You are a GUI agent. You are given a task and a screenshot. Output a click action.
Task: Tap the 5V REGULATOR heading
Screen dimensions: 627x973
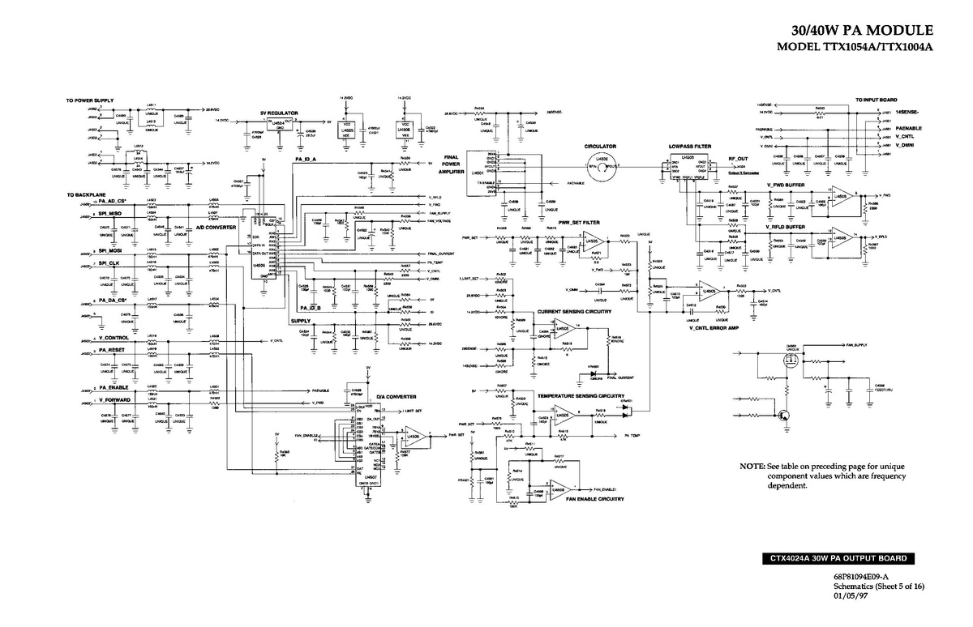(x=279, y=113)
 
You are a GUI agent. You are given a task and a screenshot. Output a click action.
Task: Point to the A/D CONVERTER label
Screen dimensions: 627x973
(x=216, y=228)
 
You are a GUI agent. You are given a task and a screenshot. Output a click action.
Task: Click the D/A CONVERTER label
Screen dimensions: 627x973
(x=396, y=397)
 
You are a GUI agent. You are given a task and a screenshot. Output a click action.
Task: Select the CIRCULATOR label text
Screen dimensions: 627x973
(x=601, y=147)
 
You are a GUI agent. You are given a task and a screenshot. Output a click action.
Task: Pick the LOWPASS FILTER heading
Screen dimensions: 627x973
(x=690, y=147)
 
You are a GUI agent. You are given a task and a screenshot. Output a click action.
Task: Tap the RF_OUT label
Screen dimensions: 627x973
(x=738, y=159)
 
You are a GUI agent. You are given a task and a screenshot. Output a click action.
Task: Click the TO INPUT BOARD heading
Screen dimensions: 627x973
(x=875, y=99)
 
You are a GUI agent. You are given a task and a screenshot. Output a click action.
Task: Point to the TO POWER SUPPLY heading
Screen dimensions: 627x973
(x=89, y=100)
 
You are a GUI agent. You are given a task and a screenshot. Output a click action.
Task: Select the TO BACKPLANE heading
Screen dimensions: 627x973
(x=84, y=195)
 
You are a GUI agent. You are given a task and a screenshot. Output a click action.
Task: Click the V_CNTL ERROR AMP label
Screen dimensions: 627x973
(x=714, y=328)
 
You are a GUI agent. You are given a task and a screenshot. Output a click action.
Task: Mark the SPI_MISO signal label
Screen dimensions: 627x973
(x=110, y=213)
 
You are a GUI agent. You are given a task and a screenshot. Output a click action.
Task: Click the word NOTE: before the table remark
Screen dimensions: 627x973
(x=751, y=467)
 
